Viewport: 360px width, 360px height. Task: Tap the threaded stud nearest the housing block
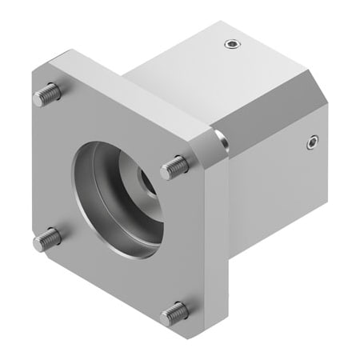pos(177,166)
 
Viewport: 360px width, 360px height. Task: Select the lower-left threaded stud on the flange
pos(47,238)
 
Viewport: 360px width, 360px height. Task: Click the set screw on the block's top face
pos(231,44)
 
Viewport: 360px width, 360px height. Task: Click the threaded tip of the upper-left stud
pos(38,100)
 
